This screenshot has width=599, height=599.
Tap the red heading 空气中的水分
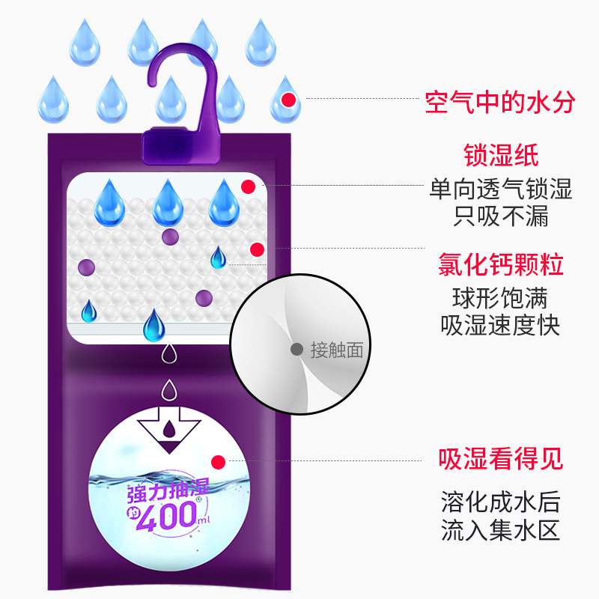point(500,102)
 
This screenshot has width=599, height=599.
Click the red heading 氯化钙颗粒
point(500,265)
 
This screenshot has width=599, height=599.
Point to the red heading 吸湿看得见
point(500,458)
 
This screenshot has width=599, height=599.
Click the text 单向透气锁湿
point(500,189)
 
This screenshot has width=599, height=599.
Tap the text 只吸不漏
point(500,216)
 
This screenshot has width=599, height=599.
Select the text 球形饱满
point(500,298)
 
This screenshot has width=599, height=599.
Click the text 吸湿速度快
point(500,326)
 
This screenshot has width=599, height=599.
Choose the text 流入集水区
point(500,530)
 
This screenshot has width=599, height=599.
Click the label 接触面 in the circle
point(336,350)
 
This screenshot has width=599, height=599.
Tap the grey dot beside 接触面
point(297,349)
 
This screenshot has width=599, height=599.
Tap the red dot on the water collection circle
point(219,462)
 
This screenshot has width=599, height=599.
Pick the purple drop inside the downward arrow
point(171,428)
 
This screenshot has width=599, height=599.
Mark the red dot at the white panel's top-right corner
point(249,186)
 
